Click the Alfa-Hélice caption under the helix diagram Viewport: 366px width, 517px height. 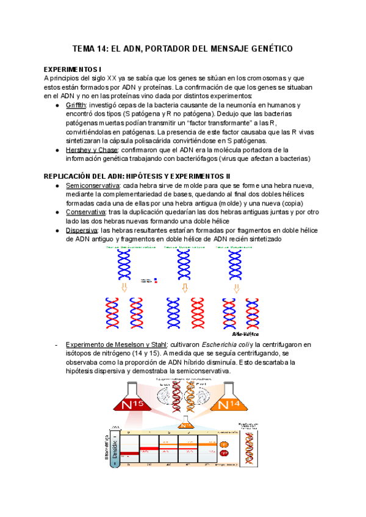[x=245, y=334]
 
